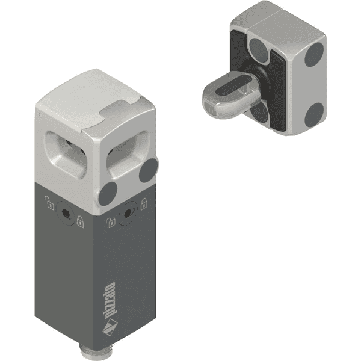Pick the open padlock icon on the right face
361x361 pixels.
pos(110,223)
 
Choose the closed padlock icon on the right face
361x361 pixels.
pos(144,204)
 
